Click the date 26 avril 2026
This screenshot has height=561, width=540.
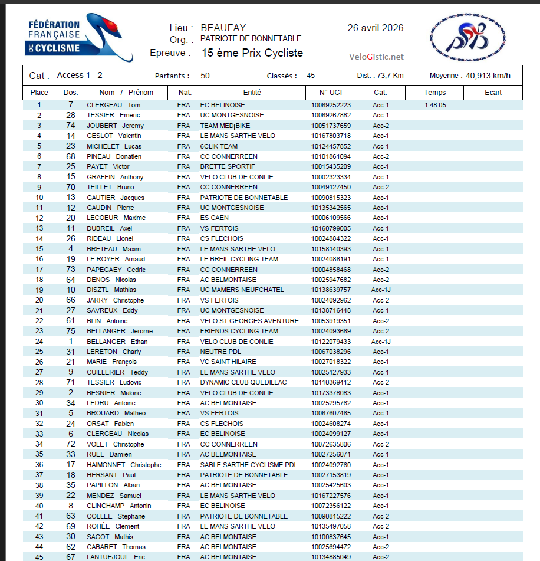coord(376,28)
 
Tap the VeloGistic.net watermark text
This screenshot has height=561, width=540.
coord(377,57)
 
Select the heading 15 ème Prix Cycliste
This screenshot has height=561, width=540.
coord(252,53)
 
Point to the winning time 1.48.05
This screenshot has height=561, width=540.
coord(435,105)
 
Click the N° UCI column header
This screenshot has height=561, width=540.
coord(331,93)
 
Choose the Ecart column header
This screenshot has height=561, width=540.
coord(493,93)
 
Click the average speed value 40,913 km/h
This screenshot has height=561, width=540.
coord(488,76)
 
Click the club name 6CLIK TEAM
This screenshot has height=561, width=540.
coord(219,146)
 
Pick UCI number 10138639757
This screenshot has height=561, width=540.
coord(331,290)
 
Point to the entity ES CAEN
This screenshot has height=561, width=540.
coord(215,218)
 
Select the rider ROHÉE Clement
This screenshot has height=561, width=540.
coord(113,526)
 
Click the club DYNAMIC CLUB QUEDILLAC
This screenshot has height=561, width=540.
coord(243,382)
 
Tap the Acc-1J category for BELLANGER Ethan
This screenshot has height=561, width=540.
coord(381,342)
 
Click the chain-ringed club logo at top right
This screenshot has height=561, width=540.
coord(467,39)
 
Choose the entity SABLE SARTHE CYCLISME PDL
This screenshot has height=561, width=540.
coord(249,465)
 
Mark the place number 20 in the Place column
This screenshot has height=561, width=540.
coord(39,300)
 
